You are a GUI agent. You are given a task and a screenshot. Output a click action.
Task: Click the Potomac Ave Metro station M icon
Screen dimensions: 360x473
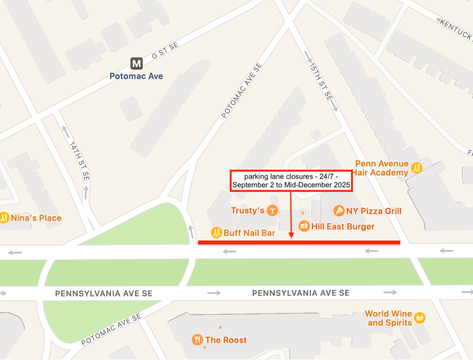tap(137, 64)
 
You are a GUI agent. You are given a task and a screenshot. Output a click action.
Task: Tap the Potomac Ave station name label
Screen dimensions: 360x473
tap(136, 76)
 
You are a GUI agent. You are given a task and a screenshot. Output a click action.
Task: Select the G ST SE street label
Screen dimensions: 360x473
tap(165, 51)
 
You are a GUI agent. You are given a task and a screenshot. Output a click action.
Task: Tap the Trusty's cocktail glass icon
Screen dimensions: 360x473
tap(272, 210)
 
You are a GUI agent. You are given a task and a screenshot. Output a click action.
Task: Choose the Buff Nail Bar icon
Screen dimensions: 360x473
tap(216, 233)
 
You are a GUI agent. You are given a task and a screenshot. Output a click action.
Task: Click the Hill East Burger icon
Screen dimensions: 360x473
tap(304, 226)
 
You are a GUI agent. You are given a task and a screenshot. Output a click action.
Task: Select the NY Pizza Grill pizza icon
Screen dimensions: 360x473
tap(339, 211)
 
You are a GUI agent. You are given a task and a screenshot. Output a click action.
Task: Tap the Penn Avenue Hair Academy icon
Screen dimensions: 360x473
tap(416, 168)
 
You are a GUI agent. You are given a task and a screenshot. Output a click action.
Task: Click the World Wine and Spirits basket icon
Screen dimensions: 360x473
tap(420, 317)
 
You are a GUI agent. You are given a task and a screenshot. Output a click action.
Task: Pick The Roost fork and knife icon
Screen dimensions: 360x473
tap(197, 340)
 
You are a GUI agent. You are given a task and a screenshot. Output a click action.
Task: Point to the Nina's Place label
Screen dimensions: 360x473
tap(36, 218)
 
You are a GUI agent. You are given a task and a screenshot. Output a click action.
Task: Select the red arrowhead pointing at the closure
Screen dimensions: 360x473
tap(291, 235)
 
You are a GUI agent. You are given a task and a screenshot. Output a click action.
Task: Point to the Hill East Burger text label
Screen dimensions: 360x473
tap(343, 226)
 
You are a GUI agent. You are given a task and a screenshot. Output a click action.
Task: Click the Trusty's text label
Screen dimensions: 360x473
tap(247, 211)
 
